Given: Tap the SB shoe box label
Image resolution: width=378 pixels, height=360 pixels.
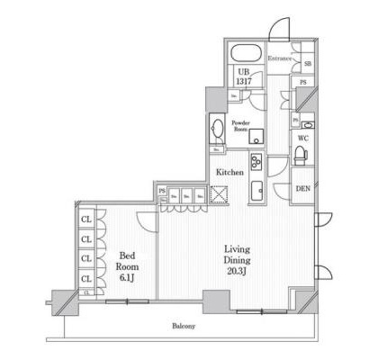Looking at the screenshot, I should coord(307,64).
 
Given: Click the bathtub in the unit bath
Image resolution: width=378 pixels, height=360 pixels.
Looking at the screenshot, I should coord(246,52).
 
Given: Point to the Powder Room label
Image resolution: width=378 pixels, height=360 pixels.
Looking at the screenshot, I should coord(241,125).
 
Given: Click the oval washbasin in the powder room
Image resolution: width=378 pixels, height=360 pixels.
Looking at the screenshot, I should coord(216,127).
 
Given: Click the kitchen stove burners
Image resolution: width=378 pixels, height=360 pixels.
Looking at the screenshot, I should coord(254,162).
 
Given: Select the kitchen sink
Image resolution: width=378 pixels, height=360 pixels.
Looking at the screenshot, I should coord(255,190).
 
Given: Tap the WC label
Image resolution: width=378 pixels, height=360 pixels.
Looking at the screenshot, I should coord(304,139).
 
